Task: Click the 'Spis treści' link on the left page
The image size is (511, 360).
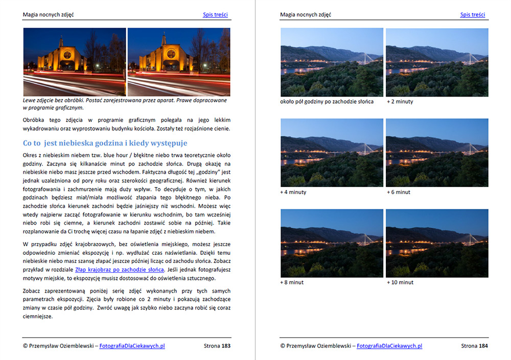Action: coord(215,15)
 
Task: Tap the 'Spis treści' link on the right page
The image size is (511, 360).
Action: coord(473,15)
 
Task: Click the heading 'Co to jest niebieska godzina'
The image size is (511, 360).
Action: coord(105,143)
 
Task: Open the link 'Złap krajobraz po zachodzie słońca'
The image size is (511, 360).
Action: coord(120,269)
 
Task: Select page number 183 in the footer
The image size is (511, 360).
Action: coord(226,346)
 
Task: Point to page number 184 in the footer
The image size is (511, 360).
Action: coord(483,346)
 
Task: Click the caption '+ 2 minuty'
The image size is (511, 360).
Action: coord(400,102)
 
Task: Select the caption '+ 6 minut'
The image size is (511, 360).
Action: coord(399,192)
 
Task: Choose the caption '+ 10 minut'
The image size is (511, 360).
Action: coord(400,282)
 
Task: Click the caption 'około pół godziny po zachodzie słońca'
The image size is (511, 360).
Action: coord(327,102)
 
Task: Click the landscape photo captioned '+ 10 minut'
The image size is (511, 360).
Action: coord(437,244)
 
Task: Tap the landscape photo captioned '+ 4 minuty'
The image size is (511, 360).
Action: coord(332,153)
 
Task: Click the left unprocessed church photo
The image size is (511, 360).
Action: coord(75,62)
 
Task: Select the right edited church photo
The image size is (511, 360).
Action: coord(179,62)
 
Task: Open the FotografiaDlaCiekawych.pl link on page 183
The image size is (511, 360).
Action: coord(132,346)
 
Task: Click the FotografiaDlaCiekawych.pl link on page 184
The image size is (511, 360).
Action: coord(389,346)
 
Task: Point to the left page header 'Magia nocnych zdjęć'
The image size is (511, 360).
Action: coord(49,15)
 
